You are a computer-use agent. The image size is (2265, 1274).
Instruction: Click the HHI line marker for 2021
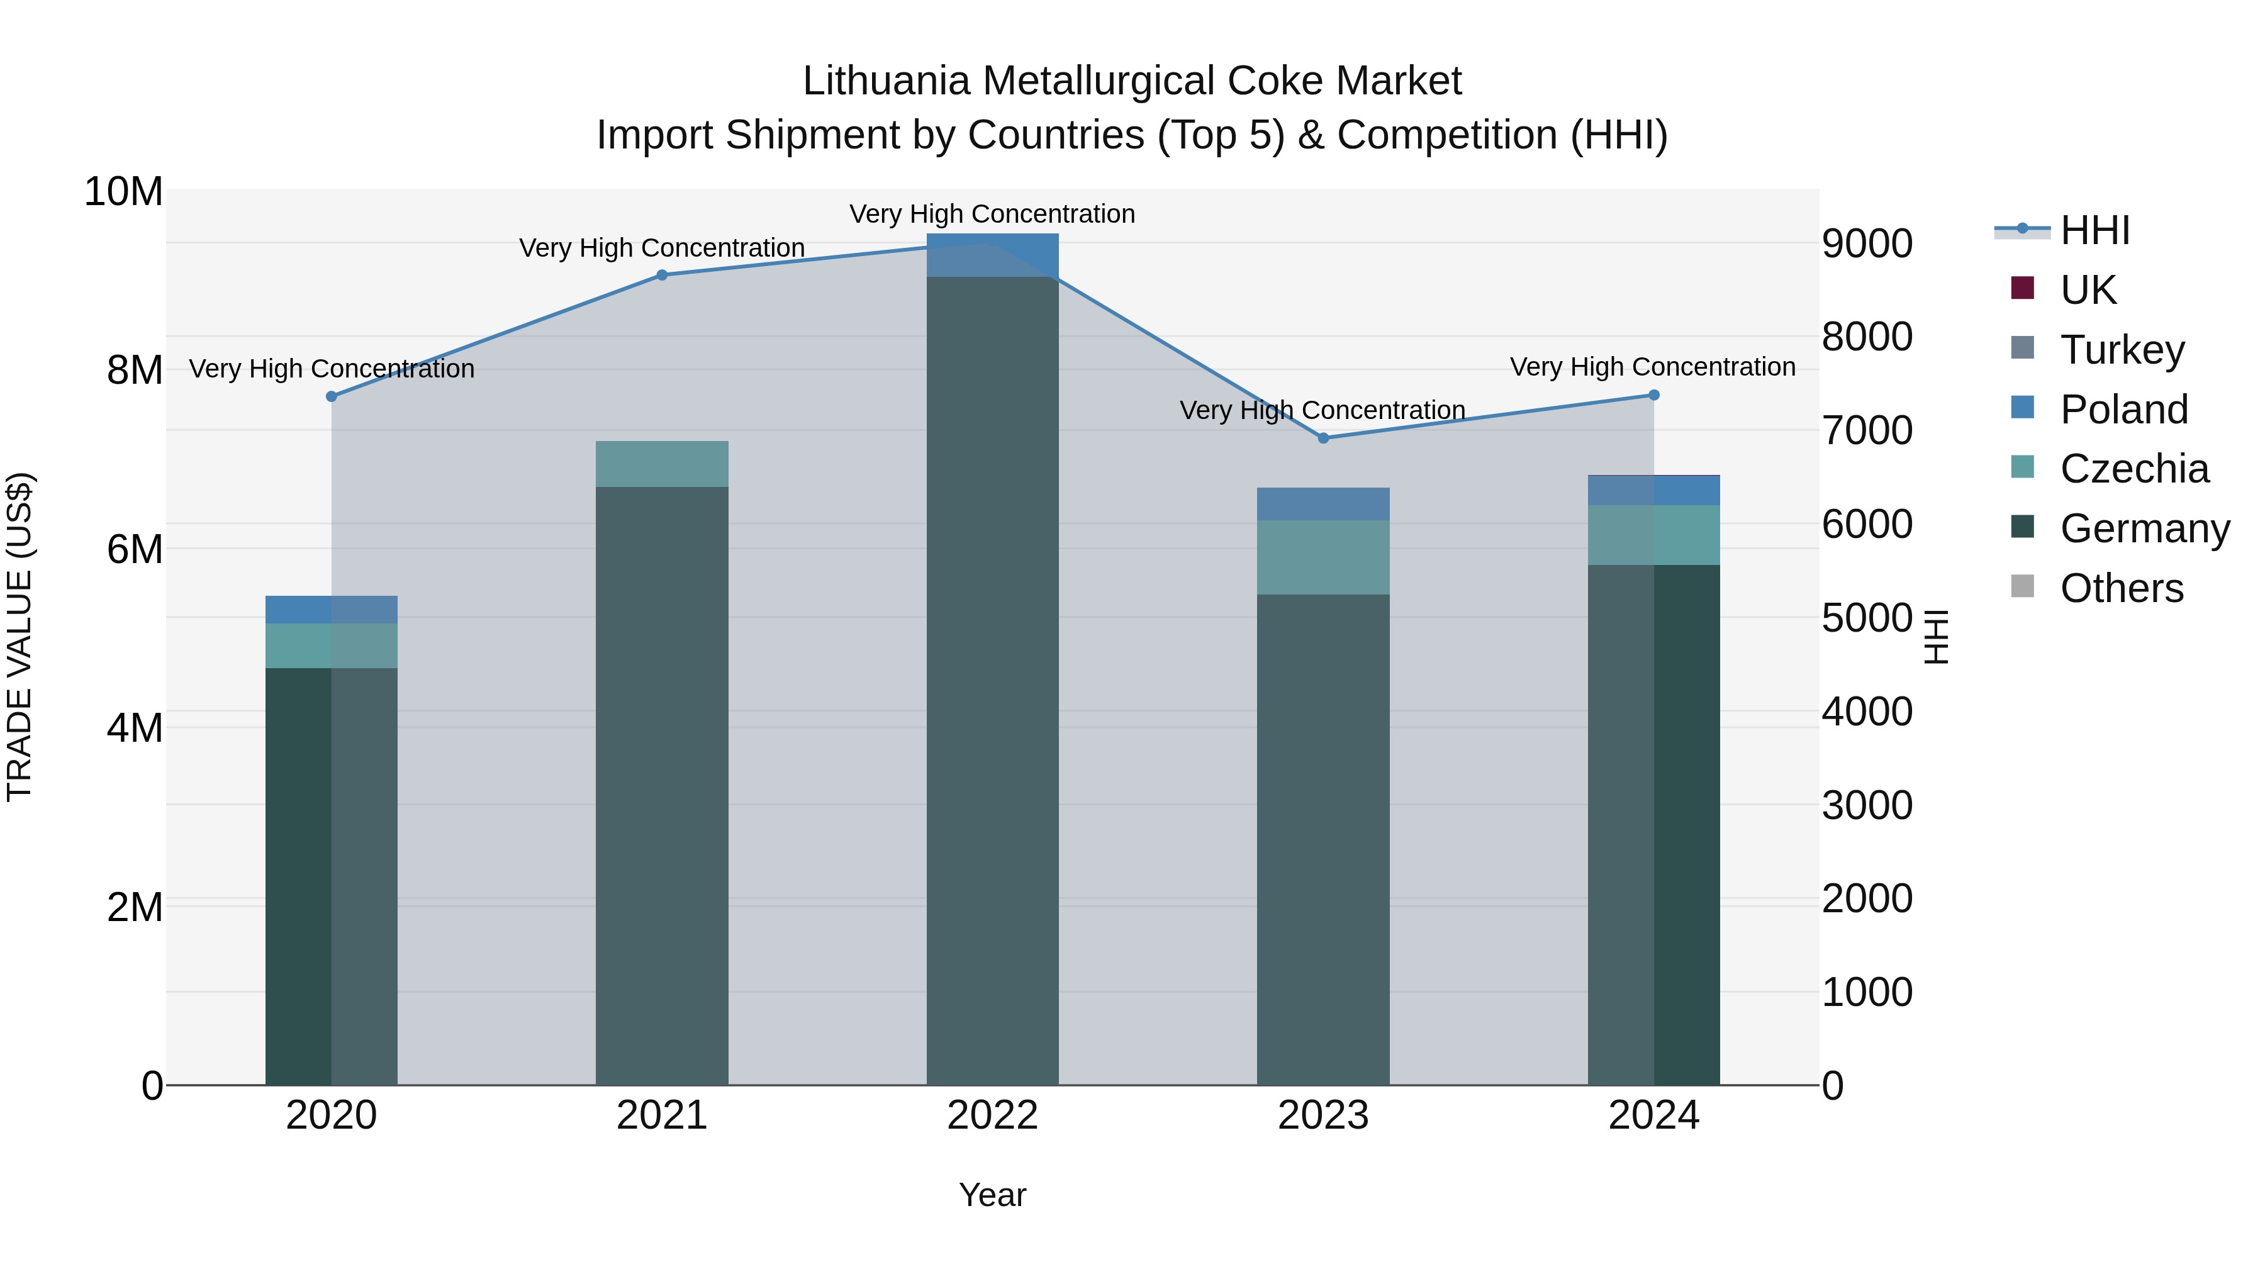(x=662, y=275)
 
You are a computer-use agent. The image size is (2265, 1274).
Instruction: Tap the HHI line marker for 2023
(x=1323, y=438)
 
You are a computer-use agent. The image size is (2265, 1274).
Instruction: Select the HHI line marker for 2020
(x=332, y=396)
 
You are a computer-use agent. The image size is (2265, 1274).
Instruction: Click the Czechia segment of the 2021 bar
(x=662, y=464)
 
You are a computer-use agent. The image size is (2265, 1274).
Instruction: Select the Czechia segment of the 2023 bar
(x=1323, y=557)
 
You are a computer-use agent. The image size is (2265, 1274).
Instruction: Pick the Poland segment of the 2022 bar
(x=993, y=255)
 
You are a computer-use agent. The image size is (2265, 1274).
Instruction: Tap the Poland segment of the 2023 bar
(x=1323, y=504)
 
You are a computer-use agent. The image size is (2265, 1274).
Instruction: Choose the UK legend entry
(x=2088, y=289)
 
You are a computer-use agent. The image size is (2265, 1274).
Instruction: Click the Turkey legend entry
(x=2121, y=349)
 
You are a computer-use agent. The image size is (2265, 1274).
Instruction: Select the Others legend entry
(x=2121, y=588)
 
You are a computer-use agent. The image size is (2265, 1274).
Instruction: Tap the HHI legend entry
(x=2094, y=230)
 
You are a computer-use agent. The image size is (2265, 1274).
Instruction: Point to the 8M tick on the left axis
(x=135, y=370)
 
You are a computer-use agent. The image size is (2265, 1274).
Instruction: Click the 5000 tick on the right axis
(x=1867, y=618)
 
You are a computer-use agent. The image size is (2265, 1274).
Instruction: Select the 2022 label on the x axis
(x=993, y=1115)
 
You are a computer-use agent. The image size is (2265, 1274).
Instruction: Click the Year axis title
(x=993, y=1195)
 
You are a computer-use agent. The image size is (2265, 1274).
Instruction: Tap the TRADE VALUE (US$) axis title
(x=20, y=637)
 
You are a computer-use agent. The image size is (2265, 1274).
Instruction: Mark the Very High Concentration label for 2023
(x=1323, y=411)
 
